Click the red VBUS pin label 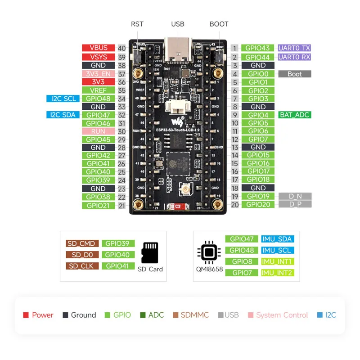[99, 48]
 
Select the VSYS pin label [99, 57]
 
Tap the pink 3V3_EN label [99, 74]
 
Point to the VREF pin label [99, 90]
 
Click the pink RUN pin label [99, 131]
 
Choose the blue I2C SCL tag [63, 99]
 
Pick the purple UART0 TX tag [294, 48]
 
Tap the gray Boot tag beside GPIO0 [294, 74]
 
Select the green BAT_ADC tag [294, 115]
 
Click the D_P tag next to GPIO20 [294, 205]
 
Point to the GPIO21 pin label [99, 206]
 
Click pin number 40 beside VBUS [121, 48]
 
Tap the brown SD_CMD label [81, 243]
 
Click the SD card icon [150, 253]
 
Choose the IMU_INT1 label [277, 261]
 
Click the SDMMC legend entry [191, 315]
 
